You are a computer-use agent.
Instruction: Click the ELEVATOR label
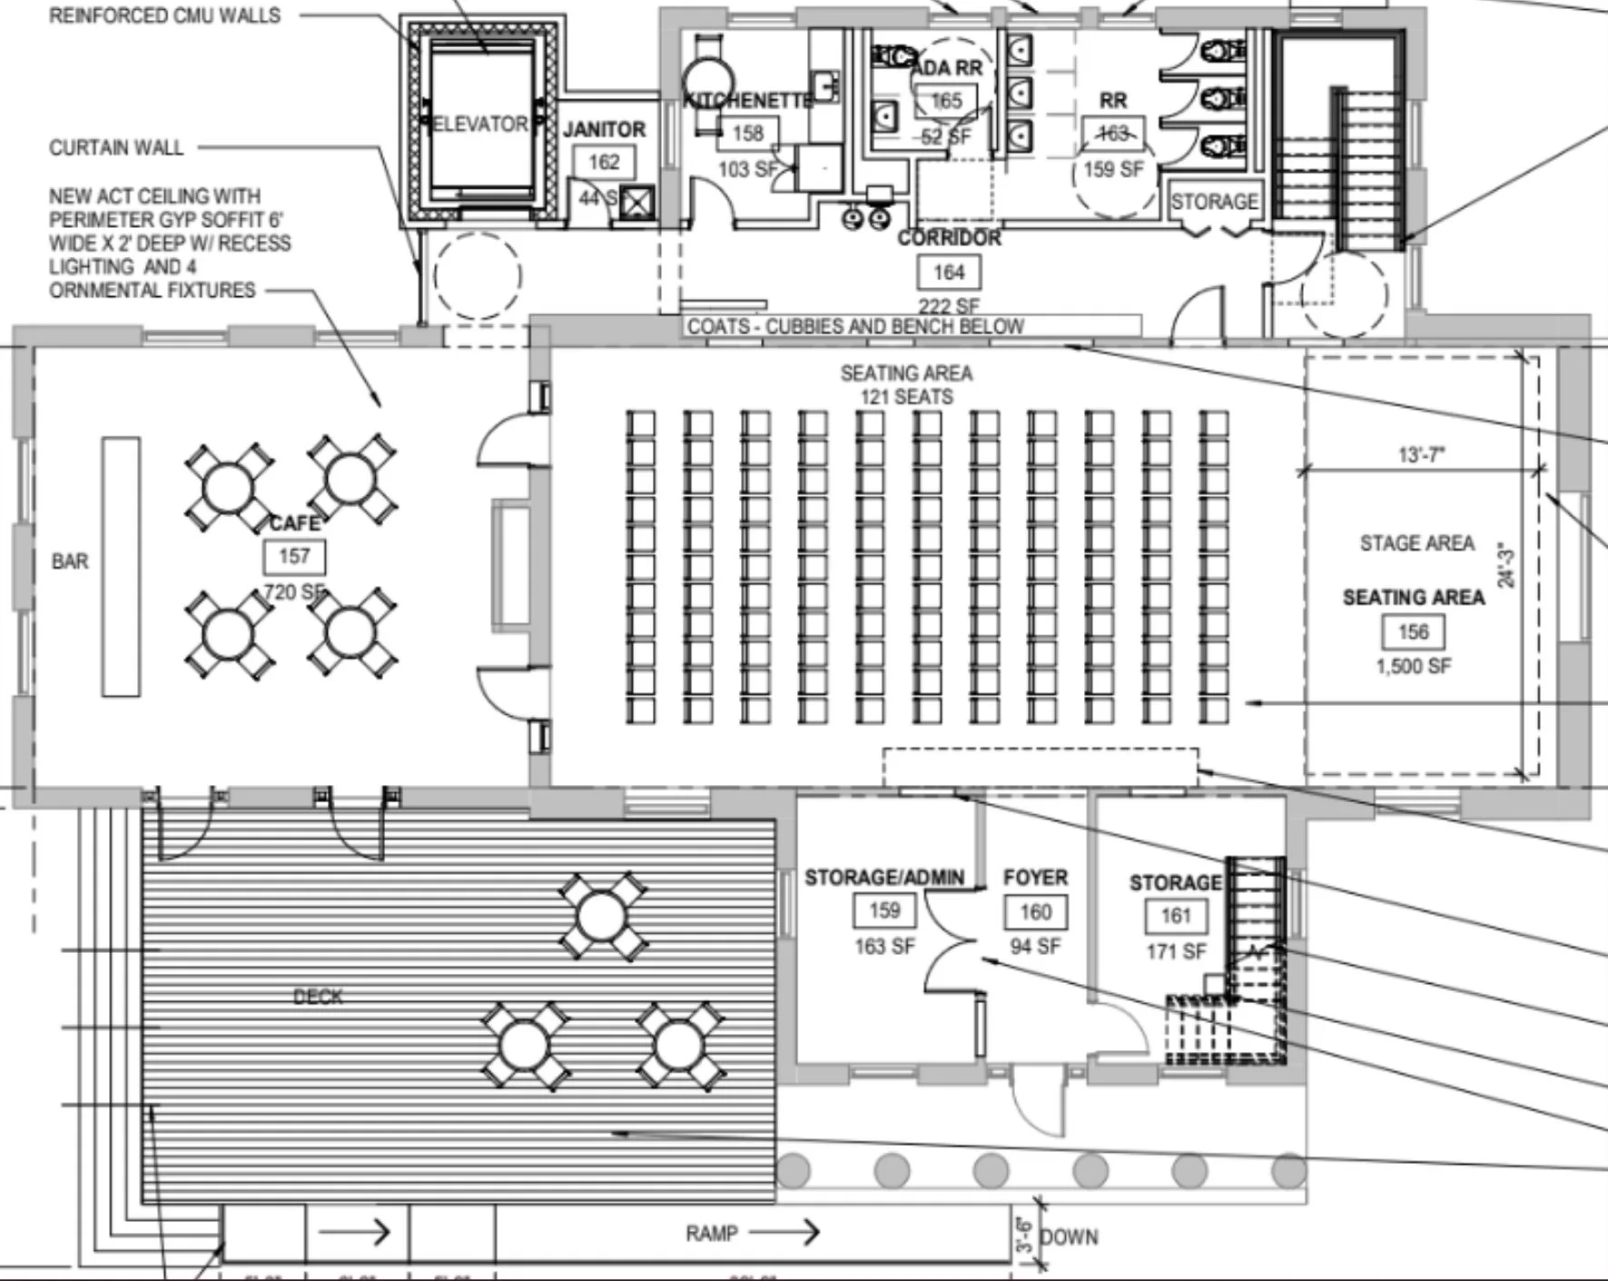coord(480,124)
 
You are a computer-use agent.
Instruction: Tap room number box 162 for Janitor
coord(604,163)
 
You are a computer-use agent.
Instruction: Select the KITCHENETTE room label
coord(747,101)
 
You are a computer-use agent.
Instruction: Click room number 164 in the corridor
coord(949,273)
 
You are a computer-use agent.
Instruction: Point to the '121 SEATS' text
coord(906,397)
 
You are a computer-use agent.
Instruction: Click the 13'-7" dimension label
coord(1421,454)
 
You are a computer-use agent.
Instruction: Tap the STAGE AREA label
coord(1416,543)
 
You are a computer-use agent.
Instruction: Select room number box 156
coord(1414,632)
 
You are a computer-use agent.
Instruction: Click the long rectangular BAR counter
coord(121,567)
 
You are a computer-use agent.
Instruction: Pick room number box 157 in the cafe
coord(294,556)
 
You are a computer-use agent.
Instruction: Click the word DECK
coord(318,997)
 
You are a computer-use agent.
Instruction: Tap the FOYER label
coord(1035,878)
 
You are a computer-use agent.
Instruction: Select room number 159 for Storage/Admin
coord(884,910)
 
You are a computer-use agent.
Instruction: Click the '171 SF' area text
coord(1176,951)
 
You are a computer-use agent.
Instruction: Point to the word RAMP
coord(712,1233)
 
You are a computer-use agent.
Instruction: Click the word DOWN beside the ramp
coord(1069,1237)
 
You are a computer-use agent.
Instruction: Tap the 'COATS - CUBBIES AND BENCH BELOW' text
coord(855,326)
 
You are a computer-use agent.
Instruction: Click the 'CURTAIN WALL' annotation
coord(116,148)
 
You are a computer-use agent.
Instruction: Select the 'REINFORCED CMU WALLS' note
coord(164,15)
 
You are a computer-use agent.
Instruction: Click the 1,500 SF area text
coord(1414,666)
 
